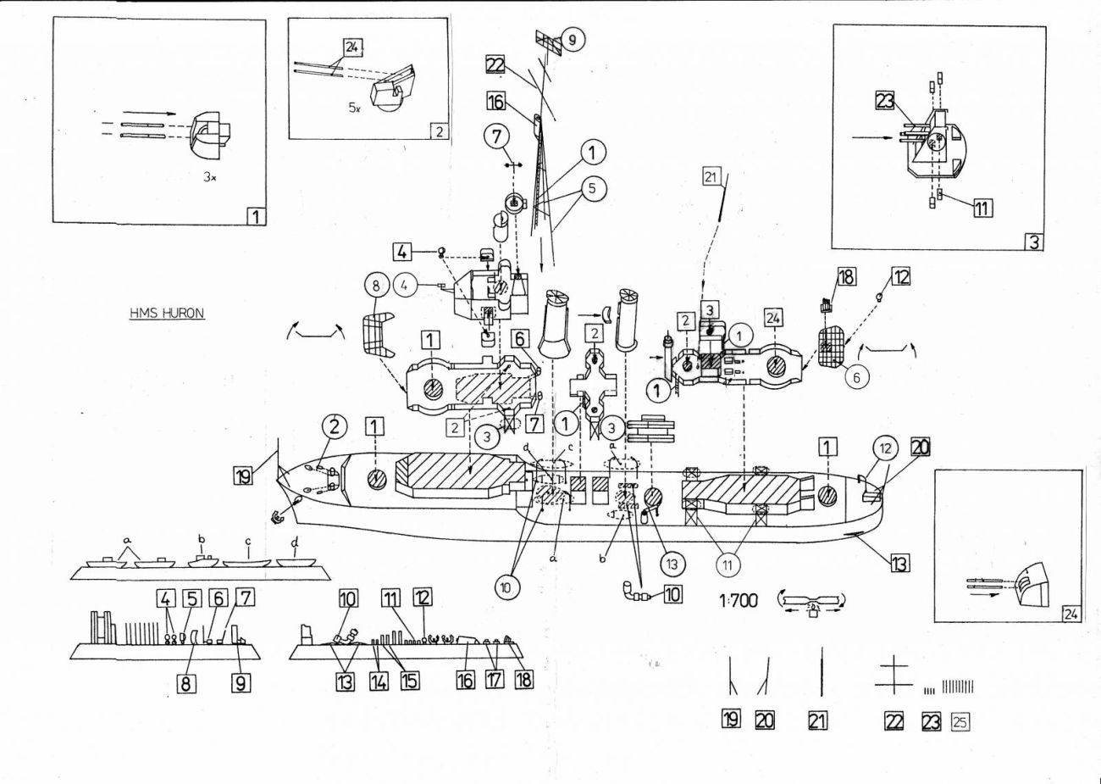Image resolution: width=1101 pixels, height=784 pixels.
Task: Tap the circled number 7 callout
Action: point(496,134)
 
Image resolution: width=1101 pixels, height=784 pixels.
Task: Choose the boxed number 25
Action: point(960,721)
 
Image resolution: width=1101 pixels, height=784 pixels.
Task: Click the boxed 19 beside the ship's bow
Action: point(244,477)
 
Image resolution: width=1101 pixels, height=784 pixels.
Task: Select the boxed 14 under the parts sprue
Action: point(379,679)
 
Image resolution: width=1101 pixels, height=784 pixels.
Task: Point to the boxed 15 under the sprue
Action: point(410,679)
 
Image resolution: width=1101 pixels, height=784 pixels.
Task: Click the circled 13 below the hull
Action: point(669,562)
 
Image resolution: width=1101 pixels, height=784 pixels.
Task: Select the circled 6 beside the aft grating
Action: point(857,378)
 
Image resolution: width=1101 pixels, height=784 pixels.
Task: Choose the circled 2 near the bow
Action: point(335,427)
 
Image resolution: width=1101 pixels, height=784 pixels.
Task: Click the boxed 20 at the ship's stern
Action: point(921,447)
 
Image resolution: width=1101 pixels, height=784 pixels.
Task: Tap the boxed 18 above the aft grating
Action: point(845,277)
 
